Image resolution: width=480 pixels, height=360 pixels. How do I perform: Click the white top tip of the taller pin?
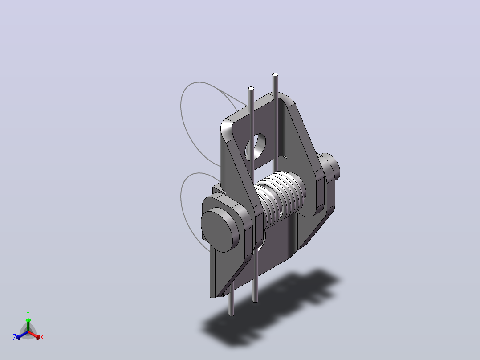click(x=275, y=74)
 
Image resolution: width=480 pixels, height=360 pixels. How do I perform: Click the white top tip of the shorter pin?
click(x=251, y=88)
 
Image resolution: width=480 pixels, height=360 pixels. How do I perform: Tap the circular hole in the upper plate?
click(x=255, y=147)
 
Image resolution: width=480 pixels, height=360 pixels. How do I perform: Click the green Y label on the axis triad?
click(x=28, y=313)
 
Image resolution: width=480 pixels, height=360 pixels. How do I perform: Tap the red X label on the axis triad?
click(x=42, y=337)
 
